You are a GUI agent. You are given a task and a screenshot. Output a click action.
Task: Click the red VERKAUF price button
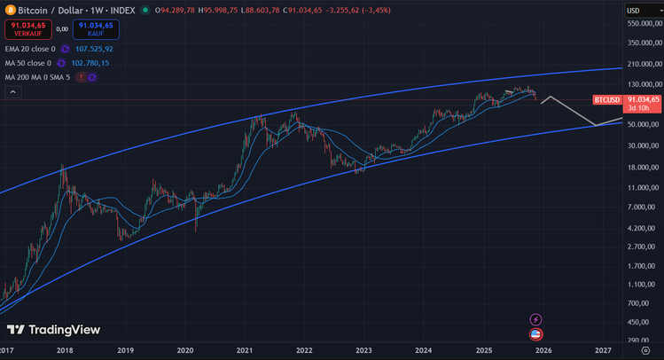point(27,27)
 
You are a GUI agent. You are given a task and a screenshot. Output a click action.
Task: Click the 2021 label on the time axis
point(245,350)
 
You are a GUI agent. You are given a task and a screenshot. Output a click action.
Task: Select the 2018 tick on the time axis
point(65,350)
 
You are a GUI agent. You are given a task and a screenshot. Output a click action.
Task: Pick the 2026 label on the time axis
point(543,350)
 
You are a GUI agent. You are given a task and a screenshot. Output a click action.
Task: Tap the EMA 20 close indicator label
point(29,49)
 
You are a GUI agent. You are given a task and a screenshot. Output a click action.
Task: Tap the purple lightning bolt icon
point(535,319)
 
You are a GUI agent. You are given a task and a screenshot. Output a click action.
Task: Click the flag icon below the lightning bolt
point(535,334)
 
